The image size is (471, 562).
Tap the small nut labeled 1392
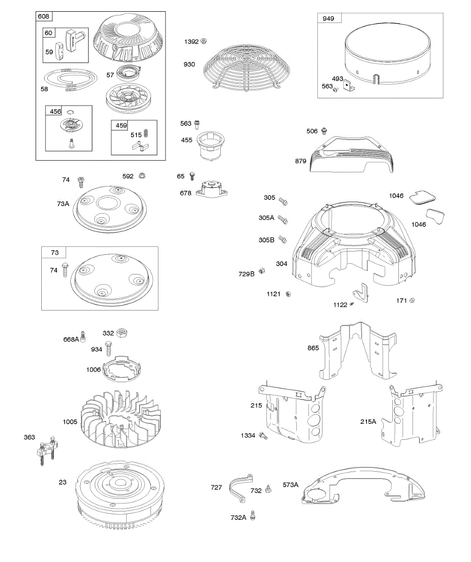[203, 41]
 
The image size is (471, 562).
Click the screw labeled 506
[324, 131]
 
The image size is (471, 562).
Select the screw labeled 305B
[283, 239]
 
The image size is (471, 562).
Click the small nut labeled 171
[412, 300]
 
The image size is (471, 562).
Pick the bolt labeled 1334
[263, 436]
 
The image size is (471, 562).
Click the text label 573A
[291, 485]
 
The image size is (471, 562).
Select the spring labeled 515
[145, 133]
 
